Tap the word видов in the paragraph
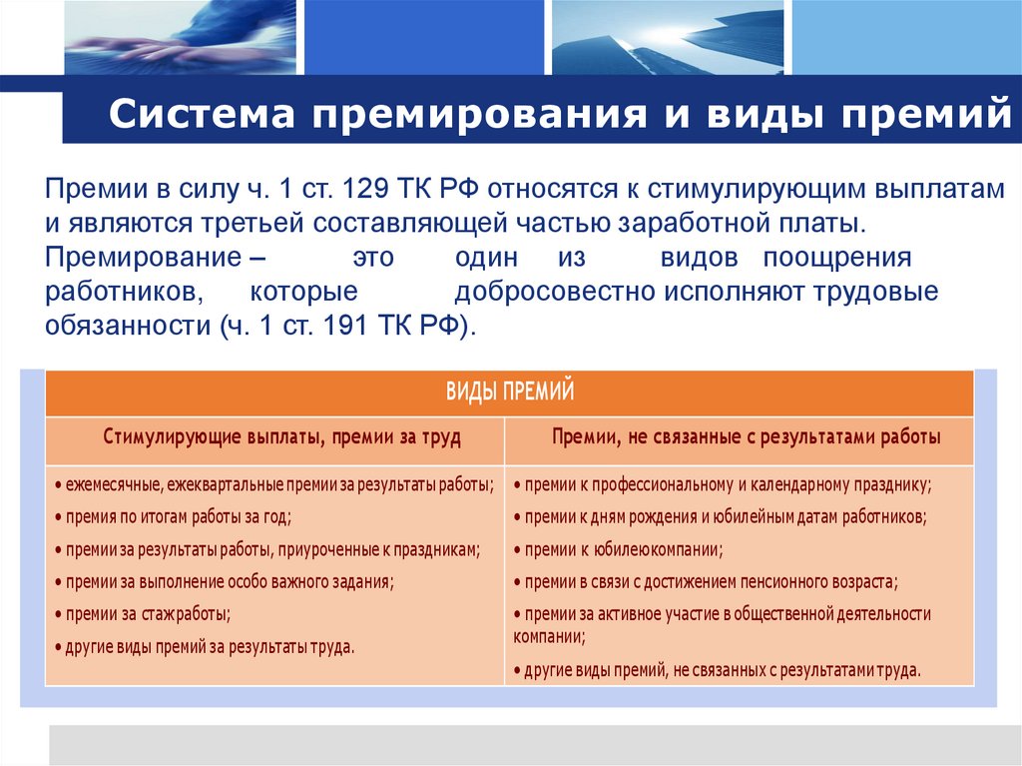(x=699, y=258)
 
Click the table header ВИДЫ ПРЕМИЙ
(x=509, y=391)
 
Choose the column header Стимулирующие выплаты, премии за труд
(x=275, y=437)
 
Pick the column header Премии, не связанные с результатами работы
(x=739, y=437)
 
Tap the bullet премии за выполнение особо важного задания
(x=224, y=581)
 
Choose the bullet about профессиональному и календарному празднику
(x=723, y=485)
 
